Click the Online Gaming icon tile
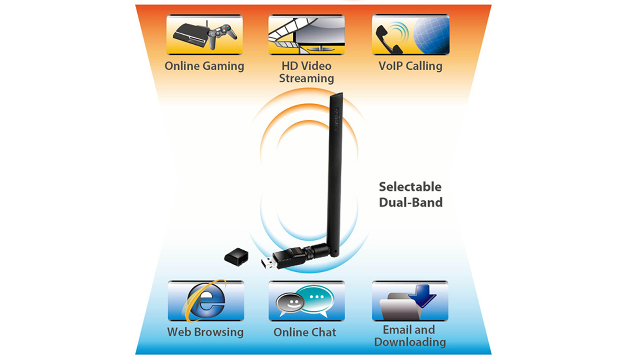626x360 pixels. tap(205, 35)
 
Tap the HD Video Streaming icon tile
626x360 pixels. tap(306, 35)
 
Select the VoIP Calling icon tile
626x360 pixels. tap(410, 35)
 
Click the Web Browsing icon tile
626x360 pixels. tap(206, 301)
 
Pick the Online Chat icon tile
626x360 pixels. tap(306, 301)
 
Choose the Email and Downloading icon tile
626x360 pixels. tap(410, 301)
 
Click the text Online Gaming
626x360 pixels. tap(205, 66)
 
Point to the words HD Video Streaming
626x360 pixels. tap(306, 72)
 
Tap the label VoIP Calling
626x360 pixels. tap(410, 66)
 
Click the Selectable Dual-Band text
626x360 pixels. tap(410, 194)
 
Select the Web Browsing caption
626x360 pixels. tap(206, 332)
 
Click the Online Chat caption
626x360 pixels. tap(305, 332)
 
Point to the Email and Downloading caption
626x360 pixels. tap(410, 336)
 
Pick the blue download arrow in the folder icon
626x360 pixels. tap(422, 294)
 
